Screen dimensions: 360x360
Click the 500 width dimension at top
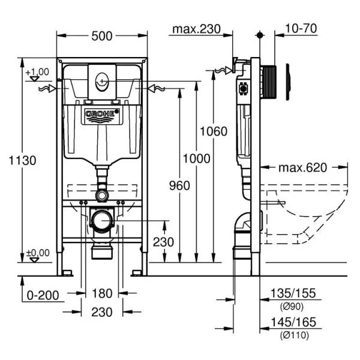[x=103, y=36]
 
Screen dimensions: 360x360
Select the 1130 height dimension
[x=23, y=160]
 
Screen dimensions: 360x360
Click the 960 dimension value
[x=179, y=185]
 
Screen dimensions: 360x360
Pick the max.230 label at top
[x=196, y=29]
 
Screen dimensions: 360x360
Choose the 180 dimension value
[x=101, y=294]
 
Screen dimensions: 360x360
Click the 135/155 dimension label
[x=294, y=294]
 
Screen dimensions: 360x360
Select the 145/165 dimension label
[x=294, y=323]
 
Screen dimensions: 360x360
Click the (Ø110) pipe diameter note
[x=294, y=335]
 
